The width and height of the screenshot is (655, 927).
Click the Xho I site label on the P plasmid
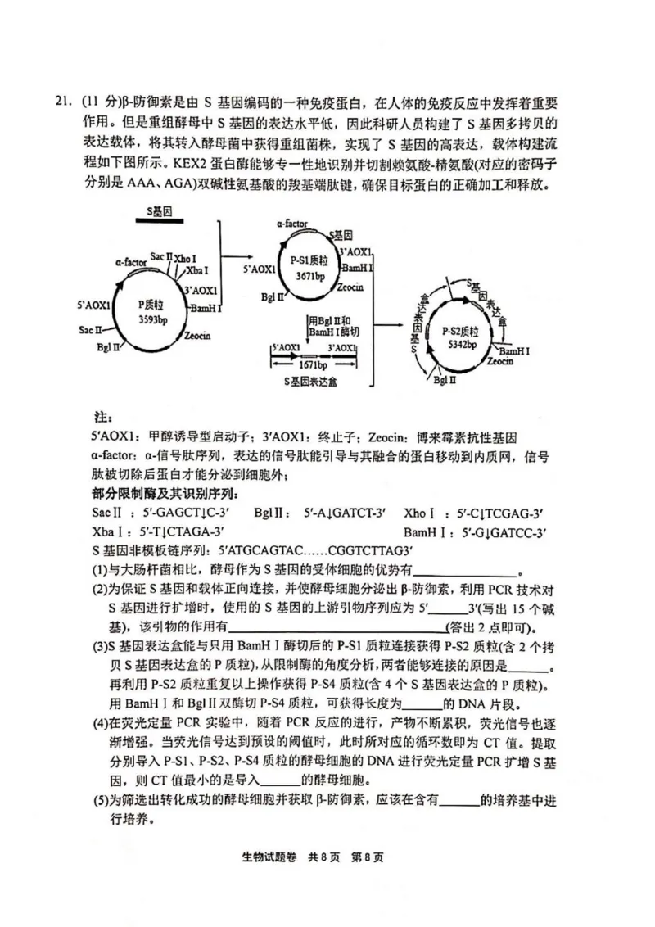pos(185,259)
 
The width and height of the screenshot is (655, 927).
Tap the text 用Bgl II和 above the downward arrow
pos(330,320)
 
